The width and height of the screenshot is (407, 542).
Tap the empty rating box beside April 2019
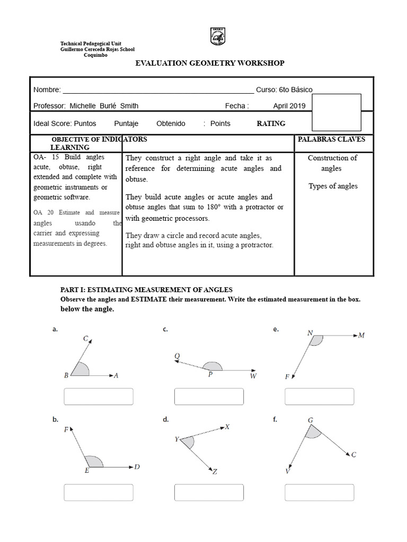[x=337, y=112]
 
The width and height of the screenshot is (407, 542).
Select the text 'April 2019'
[x=290, y=106]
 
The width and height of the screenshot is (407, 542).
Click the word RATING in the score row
[x=271, y=123]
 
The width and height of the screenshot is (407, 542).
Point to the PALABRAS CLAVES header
[x=333, y=139]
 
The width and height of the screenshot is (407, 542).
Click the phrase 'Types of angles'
[x=333, y=186]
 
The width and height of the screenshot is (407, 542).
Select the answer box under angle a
[x=98, y=397]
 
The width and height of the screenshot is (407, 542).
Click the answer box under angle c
[x=209, y=397]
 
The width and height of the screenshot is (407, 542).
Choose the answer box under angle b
[x=98, y=492]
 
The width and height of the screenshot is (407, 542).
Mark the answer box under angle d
[x=209, y=492]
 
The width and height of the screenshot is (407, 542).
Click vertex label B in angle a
[x=66, y=376]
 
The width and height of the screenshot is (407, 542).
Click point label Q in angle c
[x=177, y=356]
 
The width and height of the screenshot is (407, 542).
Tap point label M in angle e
[x=361, y=335]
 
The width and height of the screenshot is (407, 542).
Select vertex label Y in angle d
[x=176, y=439]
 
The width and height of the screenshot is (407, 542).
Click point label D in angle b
[x=137, y=467]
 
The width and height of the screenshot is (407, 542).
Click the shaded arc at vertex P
[x=213, y=366]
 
